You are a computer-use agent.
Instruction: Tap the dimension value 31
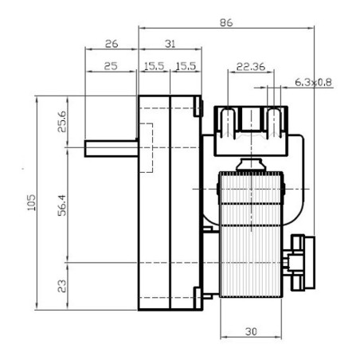[168, 45]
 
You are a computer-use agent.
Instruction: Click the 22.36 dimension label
[251, 67]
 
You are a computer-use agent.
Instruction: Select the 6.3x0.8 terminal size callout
[314, 82]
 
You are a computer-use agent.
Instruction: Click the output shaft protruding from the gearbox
[112, 148]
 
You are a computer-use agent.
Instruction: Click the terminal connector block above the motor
[250, 127]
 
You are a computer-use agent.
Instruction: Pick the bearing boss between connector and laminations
[251, 164]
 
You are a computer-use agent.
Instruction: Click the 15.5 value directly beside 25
[153, 67]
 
